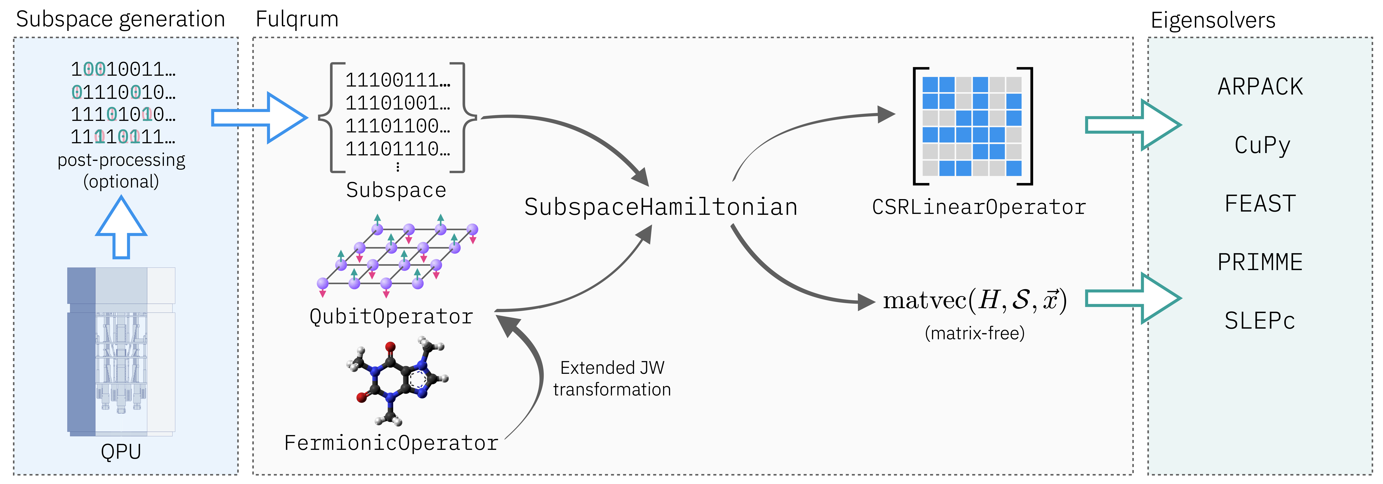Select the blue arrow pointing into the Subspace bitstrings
259,118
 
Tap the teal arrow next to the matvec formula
1133,298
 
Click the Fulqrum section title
297,19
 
